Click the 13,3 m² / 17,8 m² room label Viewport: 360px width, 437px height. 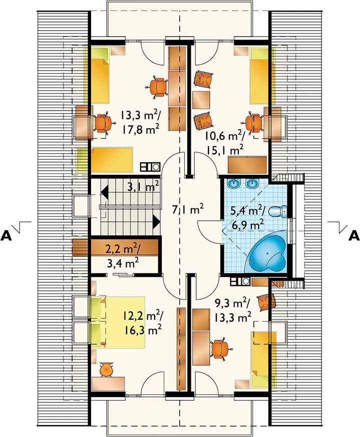pos(140,122)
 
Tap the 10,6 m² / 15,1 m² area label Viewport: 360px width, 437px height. pos(225,143)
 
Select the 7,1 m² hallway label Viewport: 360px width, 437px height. pos(188,209)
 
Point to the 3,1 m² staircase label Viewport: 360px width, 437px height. pos(143,186)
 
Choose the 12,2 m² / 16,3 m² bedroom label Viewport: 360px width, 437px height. pos(143,323)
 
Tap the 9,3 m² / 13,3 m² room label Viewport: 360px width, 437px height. pos(232,310)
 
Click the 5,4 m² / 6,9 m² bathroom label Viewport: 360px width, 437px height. pos(247,217)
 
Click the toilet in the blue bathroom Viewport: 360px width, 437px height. pos(278,212)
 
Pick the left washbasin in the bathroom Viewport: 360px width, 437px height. pos(234,183)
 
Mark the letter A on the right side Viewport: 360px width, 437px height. pos(354,236)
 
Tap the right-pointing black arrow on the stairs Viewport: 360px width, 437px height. pos(156,222)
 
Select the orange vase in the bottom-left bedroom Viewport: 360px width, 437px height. pos(107,369)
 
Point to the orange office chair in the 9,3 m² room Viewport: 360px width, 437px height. pos(221,348)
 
